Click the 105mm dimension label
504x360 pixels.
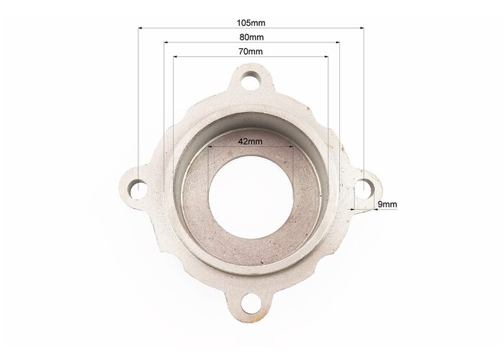coord(251,23)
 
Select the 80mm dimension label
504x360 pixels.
coord(251,37)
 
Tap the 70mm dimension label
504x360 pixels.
coord(251,51)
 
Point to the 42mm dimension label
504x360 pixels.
coord(251,141)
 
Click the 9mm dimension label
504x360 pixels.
coord(387,204)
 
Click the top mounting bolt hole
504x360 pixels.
coord(251,79)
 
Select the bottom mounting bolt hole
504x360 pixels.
coord(251,304)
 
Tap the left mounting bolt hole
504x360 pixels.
coord(138,189)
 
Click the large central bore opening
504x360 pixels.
coord(251,197)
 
